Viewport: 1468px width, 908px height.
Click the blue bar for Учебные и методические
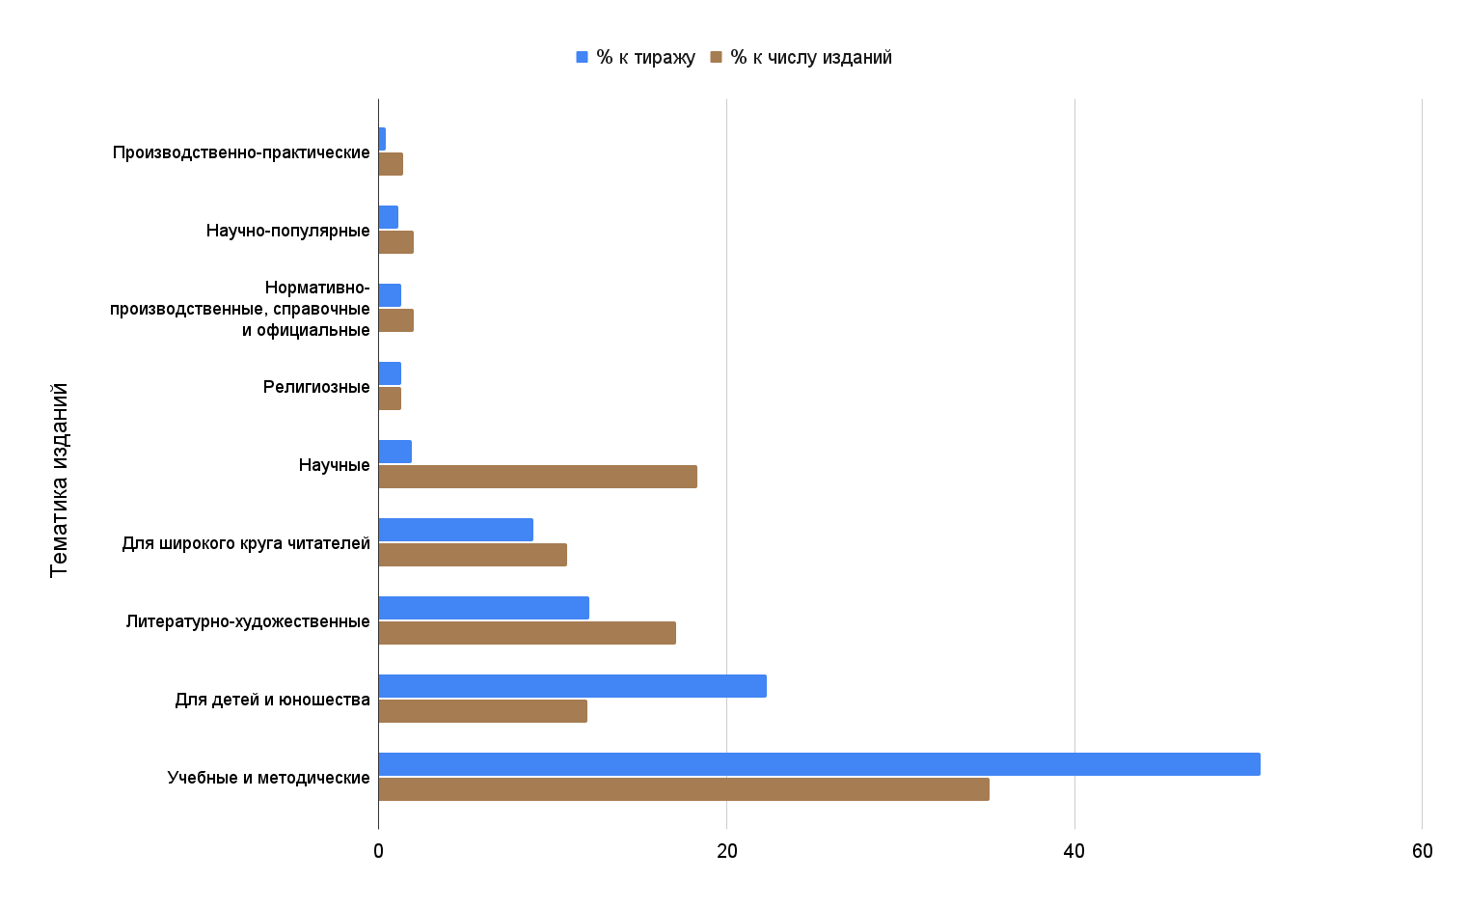click(819, 764)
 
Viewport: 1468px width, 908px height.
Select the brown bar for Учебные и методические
click(684, 789)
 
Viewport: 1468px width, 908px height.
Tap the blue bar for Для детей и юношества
click(572, 686)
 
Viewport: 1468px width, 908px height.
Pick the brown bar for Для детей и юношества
click(482, 711)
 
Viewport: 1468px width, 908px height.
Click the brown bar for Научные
click(537, 477)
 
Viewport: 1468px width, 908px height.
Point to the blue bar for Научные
click(394, 452)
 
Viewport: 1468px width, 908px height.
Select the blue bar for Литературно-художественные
click(483, 608)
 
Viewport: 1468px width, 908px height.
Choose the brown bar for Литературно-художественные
click(527, 633)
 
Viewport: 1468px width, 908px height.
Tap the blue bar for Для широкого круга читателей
click(455, 530)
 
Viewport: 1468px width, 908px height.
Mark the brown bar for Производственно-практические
click(391, 164)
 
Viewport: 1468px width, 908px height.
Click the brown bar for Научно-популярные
click(395, 242)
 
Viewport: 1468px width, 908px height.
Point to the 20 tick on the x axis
click(726, 851)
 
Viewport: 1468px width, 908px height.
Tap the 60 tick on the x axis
click(1422, 851)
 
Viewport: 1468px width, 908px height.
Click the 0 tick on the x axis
click(378, 851)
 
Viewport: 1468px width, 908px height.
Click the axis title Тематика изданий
click(59, 480)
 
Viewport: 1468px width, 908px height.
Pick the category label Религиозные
click(316, 387)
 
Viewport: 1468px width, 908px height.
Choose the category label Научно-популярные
click(287, 231)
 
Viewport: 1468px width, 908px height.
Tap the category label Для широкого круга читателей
click(246, 543)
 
